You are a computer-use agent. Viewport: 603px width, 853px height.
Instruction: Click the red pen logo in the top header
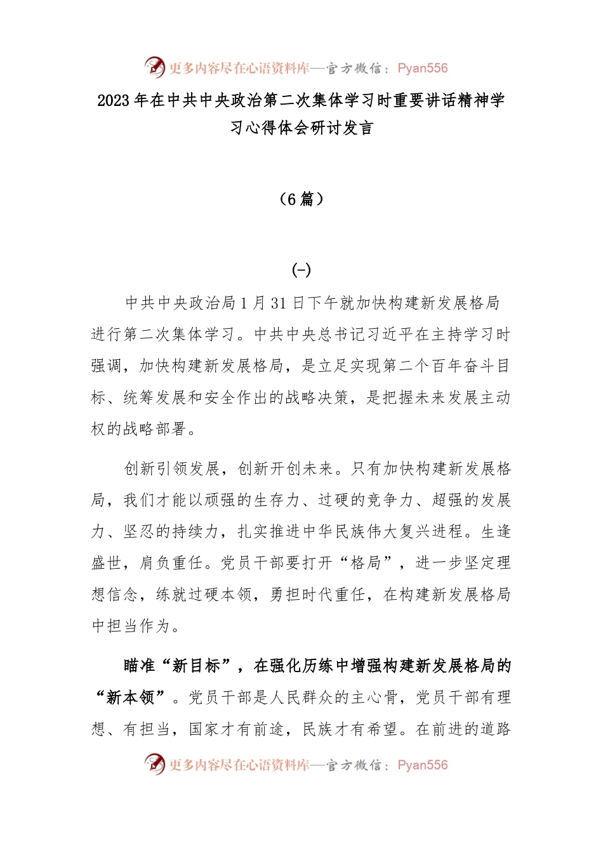pyautogui.click(x=154, y=67)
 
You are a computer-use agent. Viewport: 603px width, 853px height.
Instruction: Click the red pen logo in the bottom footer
pyautogui.click(x=154, y=764)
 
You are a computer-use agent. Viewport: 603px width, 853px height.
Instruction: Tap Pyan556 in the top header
pyautogui.click(x=422, y=69)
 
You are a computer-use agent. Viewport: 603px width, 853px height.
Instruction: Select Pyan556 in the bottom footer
pyautogui.click(x=422, y=765)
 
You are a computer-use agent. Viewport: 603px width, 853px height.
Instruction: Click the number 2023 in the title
pyautogui.click(x=114, y=100)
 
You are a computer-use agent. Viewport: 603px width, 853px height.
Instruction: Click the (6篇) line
pyautogui.click(x=301, y=199)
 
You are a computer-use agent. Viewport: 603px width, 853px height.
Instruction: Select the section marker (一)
pyautogui.click(x=301, y=270)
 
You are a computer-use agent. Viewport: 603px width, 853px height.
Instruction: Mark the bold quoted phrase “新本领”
pyautogui.click(x=131, y=698)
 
